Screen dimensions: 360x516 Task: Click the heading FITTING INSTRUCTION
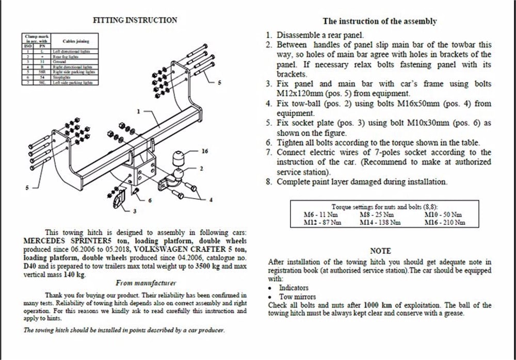point(135,21)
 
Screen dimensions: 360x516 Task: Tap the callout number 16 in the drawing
point(205,152)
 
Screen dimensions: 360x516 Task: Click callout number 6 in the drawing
point(150,200)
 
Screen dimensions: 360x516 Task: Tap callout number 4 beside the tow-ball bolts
point(211,200)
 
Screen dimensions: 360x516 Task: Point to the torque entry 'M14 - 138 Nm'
point(381,222)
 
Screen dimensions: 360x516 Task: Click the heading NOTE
point(380,251)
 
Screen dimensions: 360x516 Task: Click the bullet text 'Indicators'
point(294,288)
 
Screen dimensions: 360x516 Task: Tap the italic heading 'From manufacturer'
point(146,283)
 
